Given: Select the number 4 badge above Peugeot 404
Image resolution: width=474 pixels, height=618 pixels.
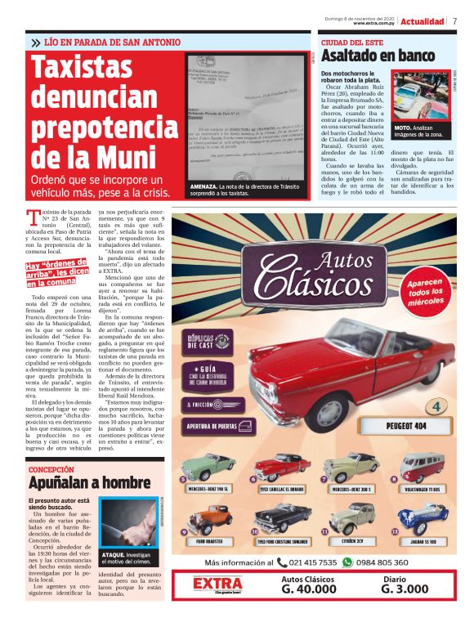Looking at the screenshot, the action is pyautogui.click(x=437, y=405).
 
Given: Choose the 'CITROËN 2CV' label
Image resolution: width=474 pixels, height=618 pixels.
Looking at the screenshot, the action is pyautogui.click(x=354, y=543).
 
